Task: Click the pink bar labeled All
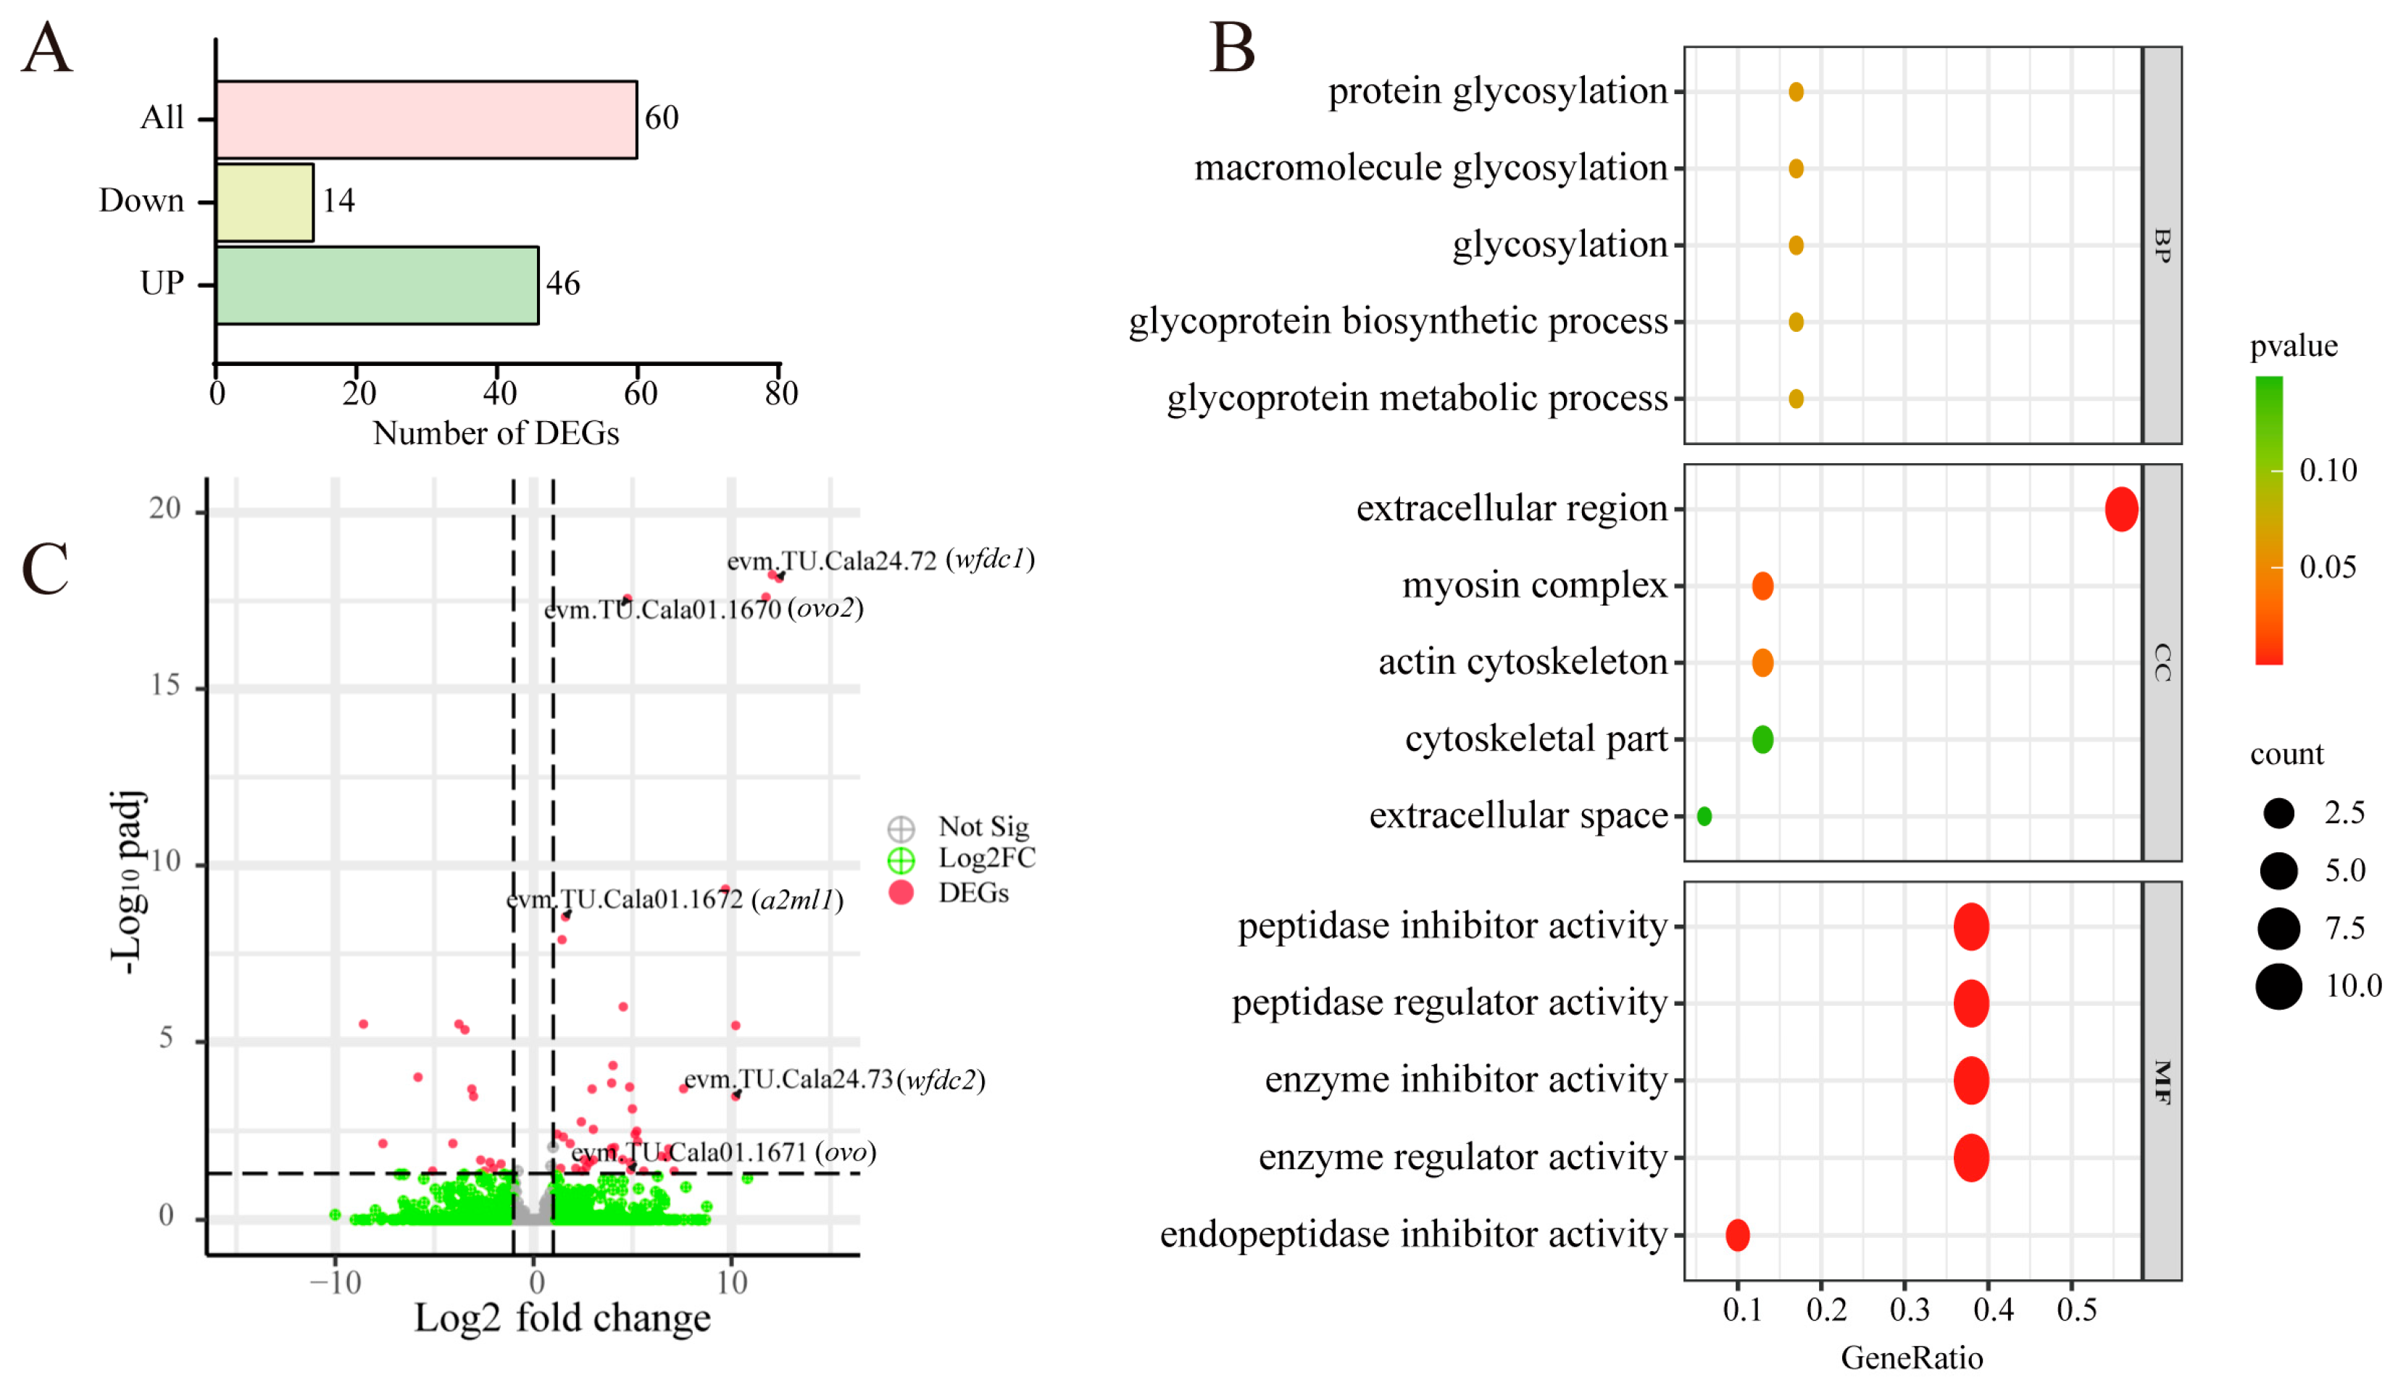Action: (425, 119)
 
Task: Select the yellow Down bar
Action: (265, 201)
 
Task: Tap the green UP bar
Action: (377, 285)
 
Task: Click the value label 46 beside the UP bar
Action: (562, 283)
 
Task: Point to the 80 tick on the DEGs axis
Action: (781, 393)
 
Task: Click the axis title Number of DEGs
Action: (496, 434)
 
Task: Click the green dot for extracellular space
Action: (1704, 815)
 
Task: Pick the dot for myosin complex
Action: (1762, 586)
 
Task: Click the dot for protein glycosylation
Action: (1796, 91)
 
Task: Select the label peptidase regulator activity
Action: (1449, 1003)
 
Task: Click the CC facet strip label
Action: (2162, 662)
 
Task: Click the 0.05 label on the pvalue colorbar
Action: (2328, 567)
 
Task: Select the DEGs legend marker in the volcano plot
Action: (900, 892)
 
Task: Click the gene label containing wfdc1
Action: (880, 560)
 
